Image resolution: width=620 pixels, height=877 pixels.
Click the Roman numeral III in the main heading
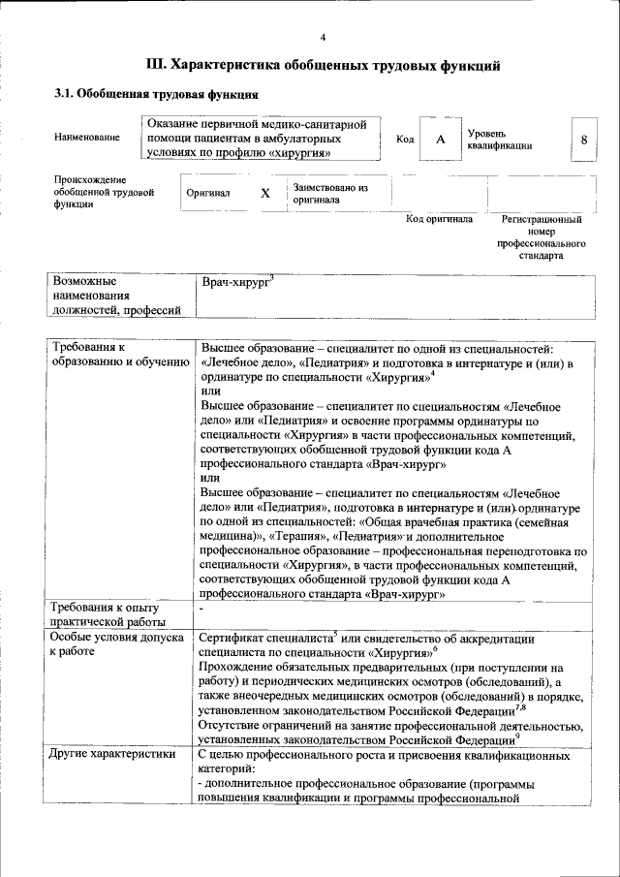(x=155, y=66)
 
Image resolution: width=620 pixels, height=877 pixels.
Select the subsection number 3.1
(x=63, y=95)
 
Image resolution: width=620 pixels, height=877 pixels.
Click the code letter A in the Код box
(x=440, y=140)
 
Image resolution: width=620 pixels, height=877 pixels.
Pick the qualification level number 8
(x=583, y=140)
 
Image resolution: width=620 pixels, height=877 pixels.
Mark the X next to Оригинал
(x=264, y=193)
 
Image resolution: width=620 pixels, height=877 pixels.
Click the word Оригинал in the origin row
(x=208, y=193)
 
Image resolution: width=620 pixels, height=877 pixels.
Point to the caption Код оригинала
(x=439, y=220)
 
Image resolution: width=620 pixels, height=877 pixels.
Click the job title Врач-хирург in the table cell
(x=235, y=281)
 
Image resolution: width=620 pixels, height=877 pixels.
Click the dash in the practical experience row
(x=201, y=608)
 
